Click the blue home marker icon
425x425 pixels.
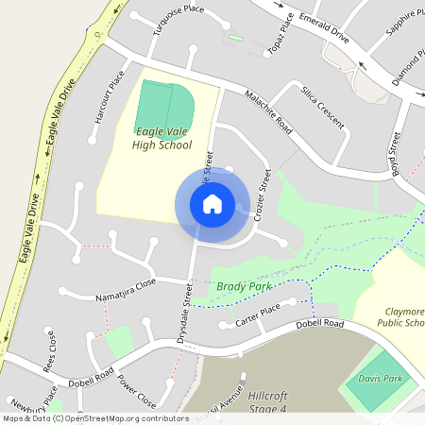point(212,203)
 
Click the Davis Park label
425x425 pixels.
point(381,379)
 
